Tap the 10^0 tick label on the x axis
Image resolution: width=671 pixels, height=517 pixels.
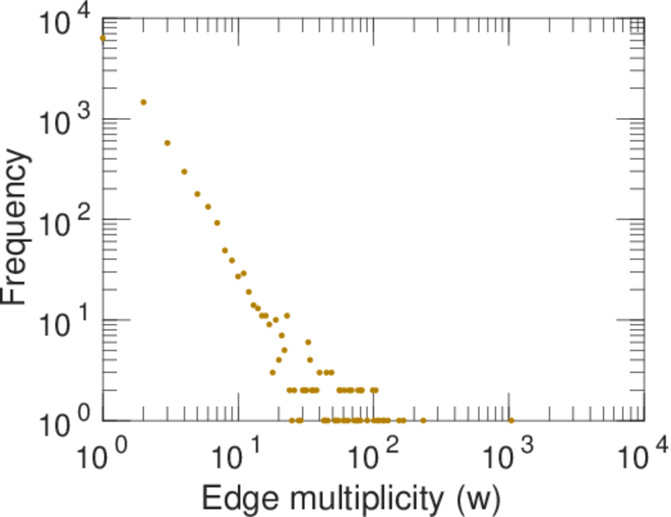click(x=102, y=453)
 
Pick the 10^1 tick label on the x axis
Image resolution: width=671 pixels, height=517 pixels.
click(x=238, y=453)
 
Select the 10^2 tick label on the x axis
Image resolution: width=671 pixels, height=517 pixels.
click(x=373, y=453)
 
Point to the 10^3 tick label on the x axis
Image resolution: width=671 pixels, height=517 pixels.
click(x=509, y=453)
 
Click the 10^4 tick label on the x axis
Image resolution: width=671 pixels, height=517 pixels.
click(x=643, y=453)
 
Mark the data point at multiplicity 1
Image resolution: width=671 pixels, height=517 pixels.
click(x=103, y=38)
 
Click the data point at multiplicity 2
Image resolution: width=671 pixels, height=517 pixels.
click(x=143, y=102)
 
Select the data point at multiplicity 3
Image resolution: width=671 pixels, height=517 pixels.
click(x=167, y=143)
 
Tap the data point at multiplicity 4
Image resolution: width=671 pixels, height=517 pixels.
click(x=184, y=171)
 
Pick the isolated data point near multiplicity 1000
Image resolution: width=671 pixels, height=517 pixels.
click(x=511, y=420)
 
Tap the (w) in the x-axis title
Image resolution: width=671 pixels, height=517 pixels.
click(x=475, y=497)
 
